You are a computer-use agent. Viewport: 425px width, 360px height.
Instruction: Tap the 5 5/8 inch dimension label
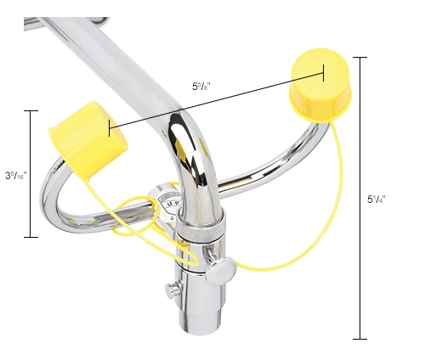pos(201,86)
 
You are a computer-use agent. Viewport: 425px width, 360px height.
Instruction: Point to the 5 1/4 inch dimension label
pos(377,200)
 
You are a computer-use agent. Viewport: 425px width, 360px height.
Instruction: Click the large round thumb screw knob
pos(223,271)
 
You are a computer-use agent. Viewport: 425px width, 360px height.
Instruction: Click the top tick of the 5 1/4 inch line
pos(360,57)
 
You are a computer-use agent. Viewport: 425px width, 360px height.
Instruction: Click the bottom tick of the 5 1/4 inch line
pos(360,339)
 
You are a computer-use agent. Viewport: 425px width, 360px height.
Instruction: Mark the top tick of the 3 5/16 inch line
pos(31,110)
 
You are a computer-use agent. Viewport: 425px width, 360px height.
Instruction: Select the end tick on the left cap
pos(109,128)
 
